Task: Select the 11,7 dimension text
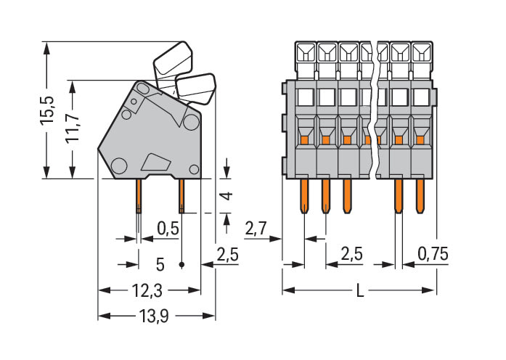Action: (73, 128)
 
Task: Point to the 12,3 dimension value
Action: (147, 290)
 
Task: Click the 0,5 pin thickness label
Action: (168, 228)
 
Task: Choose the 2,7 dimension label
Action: (256, 229)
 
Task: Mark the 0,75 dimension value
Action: (433, 253)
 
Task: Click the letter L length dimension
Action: (359, 291)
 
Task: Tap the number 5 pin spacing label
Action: (160, 263)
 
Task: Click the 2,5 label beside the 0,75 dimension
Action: (351, 253)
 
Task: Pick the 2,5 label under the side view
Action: (228, 253)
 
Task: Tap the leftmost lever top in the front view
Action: (305, 52)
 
